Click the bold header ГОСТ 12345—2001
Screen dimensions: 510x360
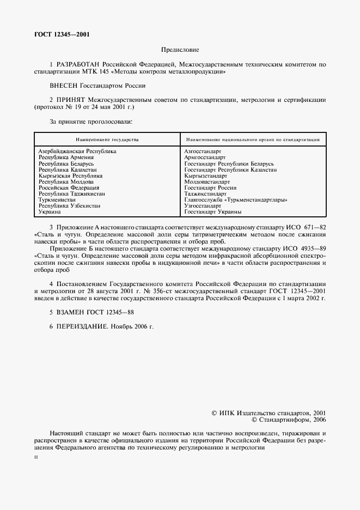(62, 34)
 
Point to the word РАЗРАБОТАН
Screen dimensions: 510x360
(78, 64)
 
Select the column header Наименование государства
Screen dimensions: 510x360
(107, 139)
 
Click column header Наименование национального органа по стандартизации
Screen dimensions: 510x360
(252, 139)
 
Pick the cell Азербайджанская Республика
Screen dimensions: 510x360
(77, 150)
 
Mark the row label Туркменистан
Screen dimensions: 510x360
(57, 199)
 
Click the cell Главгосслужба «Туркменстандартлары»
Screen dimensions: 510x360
(236, 199)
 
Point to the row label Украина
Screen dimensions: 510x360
(50, 212)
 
